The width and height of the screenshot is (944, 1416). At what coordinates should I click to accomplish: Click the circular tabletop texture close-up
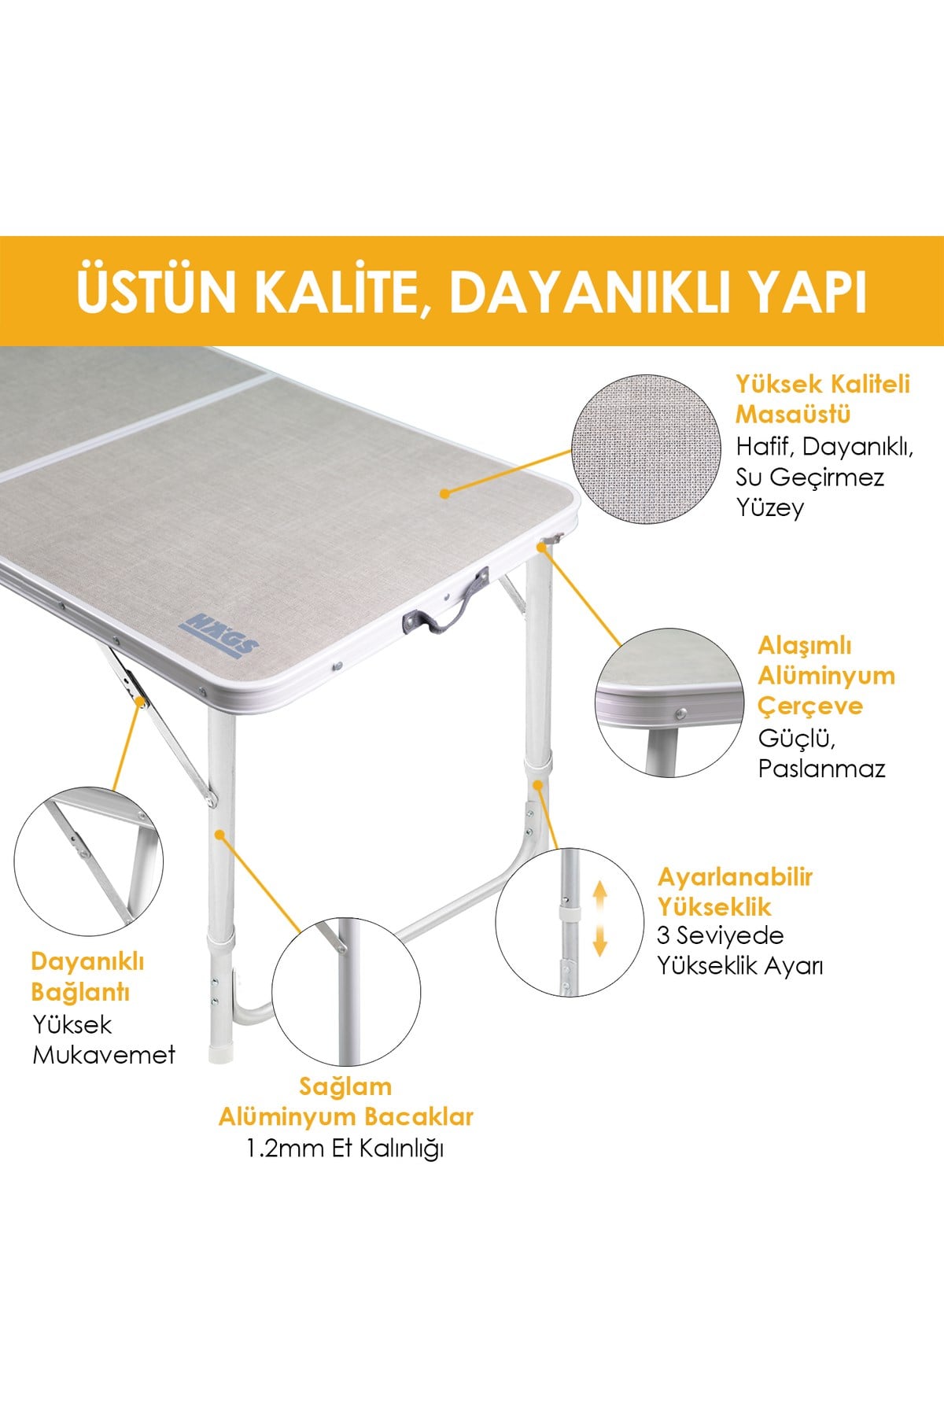[647, 449]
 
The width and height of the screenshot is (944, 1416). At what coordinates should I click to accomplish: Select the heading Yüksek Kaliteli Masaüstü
[822, 399]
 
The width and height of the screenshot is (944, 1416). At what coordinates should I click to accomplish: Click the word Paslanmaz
[821, 769]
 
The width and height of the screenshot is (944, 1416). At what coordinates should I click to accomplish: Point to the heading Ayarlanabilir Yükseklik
[735, 892]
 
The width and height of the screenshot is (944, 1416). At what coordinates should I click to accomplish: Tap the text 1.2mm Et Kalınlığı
[345, 1149]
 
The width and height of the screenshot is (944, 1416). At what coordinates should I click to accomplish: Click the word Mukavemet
[104, 1055]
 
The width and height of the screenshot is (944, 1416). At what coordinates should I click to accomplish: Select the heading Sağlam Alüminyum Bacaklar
[345, 1101]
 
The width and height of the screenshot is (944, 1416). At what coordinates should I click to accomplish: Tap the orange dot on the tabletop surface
[444, 494]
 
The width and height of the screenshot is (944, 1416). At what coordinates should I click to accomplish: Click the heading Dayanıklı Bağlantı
[87, 976]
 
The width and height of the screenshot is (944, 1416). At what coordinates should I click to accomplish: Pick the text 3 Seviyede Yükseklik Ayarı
[739, 950]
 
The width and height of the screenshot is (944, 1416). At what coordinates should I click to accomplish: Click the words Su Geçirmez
[809, 477]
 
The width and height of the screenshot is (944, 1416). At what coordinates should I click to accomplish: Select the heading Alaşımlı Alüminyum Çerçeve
[826, 676]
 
